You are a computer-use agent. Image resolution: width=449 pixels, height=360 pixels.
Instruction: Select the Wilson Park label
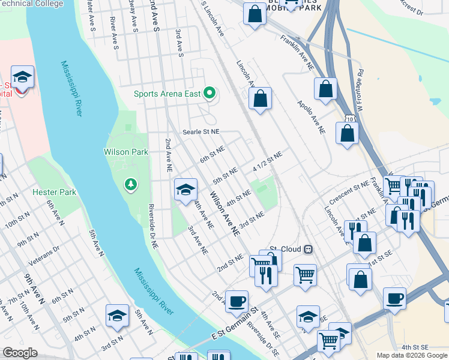coord(126,152)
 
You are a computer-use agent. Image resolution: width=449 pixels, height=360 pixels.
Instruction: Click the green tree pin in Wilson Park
coord(130,184)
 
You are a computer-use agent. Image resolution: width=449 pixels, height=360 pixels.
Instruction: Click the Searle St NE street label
coord(202,131)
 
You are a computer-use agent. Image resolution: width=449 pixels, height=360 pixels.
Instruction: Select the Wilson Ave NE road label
coord(224,213)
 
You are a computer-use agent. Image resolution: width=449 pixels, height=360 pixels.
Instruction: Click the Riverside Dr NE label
coord(153,227)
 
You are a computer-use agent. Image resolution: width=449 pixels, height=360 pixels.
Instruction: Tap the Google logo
coord(19,353)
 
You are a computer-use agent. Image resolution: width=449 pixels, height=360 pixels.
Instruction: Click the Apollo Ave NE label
coord(312,116)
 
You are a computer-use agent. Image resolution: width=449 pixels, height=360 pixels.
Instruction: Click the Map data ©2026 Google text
coord(411,355)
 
